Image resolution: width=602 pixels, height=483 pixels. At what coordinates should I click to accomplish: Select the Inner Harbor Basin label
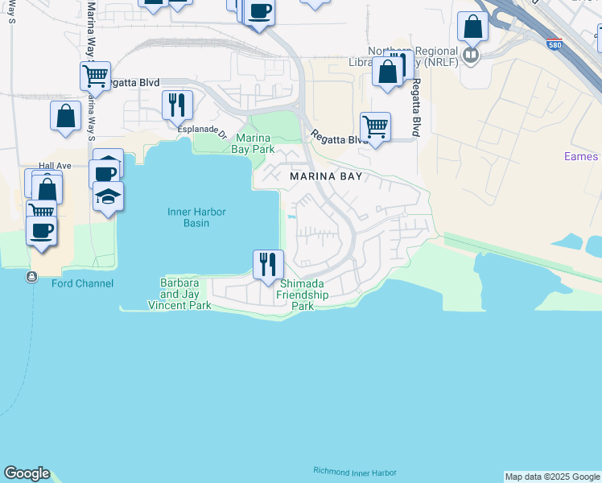[196, 217]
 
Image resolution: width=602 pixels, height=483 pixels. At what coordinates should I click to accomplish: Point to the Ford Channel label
[82, 283]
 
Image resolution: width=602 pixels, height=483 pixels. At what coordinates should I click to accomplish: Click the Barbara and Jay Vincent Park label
[179, 295]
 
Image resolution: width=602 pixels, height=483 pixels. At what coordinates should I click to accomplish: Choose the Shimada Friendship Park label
[303, 295]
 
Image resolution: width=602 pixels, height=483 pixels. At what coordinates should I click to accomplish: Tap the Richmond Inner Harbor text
[354, 473]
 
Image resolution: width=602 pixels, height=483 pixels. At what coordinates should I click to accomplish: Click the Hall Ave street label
[56, 165]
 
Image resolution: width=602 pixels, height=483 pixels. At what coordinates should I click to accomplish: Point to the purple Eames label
[581, 156]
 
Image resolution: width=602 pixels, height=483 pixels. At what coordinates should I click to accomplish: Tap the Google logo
[27, 473]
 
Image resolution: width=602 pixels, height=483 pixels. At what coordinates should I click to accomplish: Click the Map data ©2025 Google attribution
[552, 477]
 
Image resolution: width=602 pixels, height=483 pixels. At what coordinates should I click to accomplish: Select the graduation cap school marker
[108, 196]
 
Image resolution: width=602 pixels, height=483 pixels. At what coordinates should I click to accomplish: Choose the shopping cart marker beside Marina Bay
[375, 126]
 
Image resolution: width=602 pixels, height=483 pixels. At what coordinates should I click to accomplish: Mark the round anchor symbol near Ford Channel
[31, 277]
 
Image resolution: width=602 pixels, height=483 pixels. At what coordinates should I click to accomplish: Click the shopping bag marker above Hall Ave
[65, 115]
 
